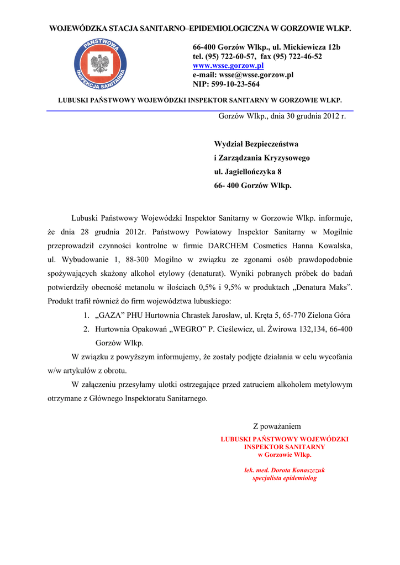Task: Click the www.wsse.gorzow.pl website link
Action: (x=228, y=66)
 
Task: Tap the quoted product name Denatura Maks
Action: (x=329, y=288)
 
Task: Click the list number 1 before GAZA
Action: (x=87, y=316)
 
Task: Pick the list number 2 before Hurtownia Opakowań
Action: (x=87, y=329)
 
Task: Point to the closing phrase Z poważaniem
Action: (x=277, y=427)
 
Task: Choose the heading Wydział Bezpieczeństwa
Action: (x=256, y=144)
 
